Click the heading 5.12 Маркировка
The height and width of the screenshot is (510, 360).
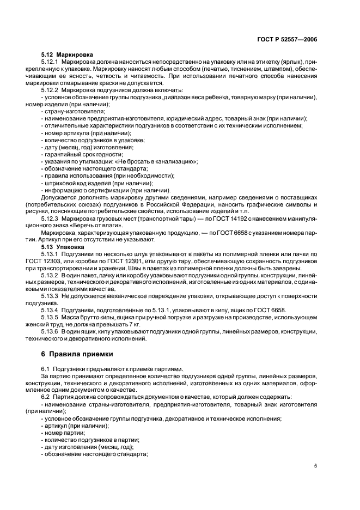pyautogui.click(x=67, y=55)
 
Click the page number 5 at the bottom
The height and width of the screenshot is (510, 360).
pyautogui.click(x=316, y=466)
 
